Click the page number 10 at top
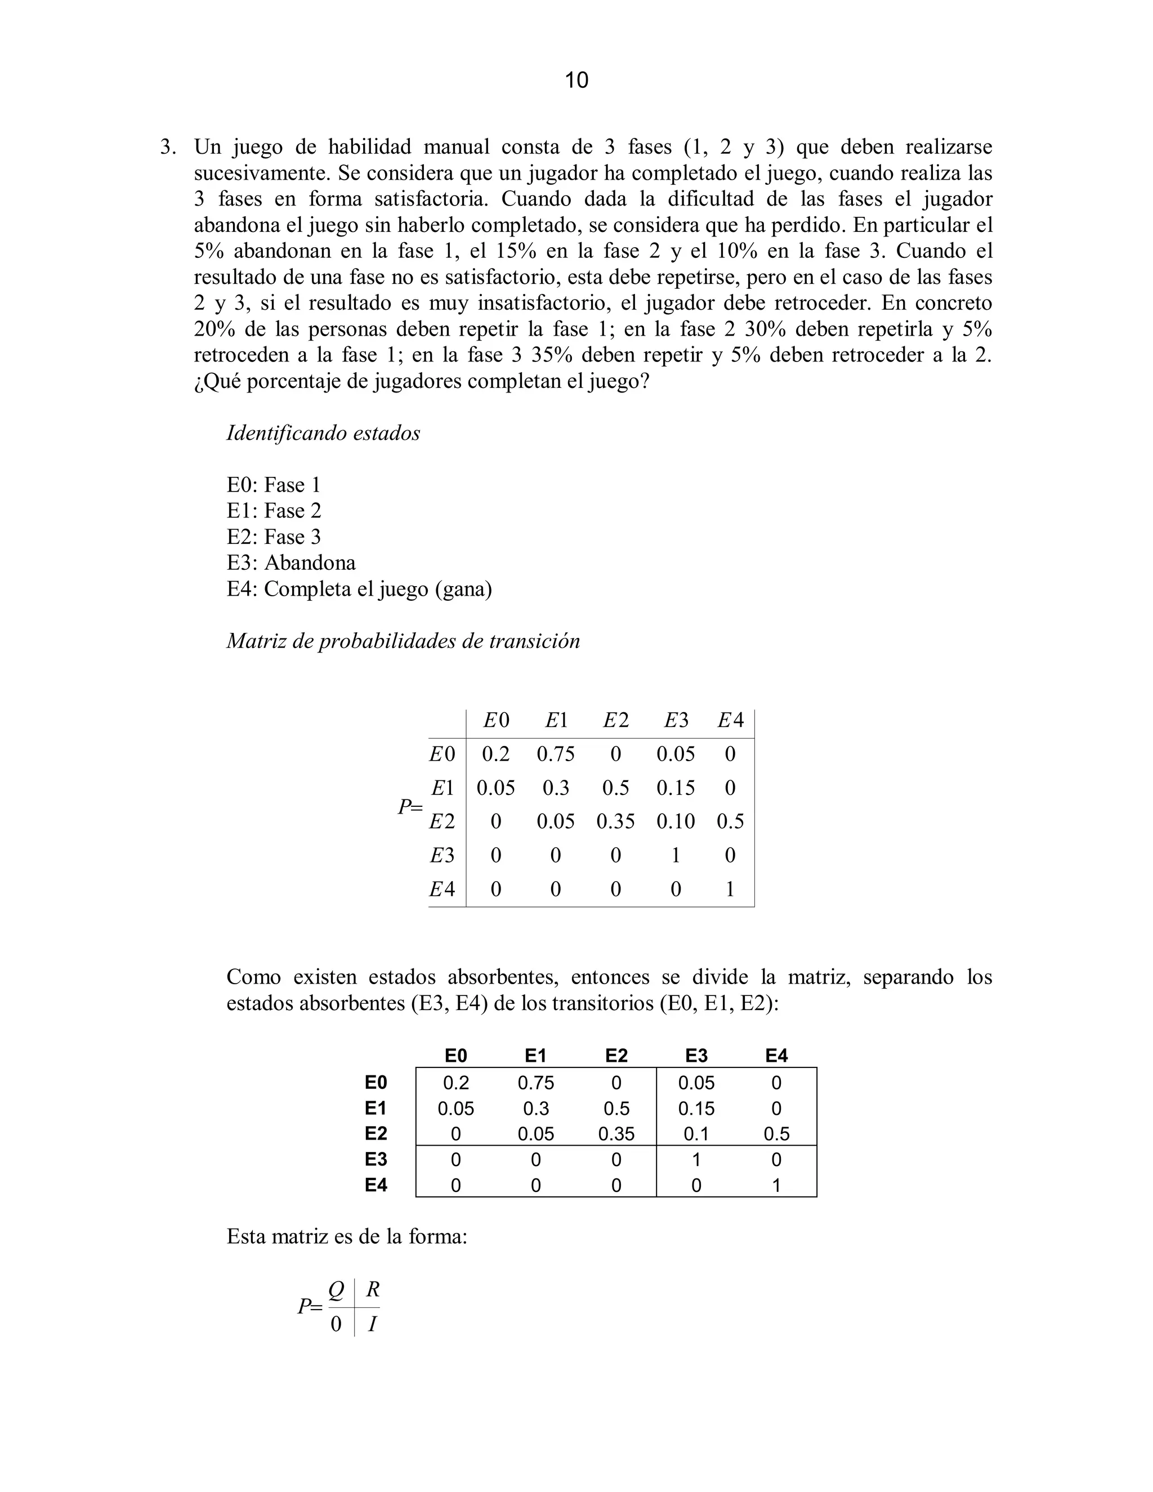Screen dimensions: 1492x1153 [x=576, y=81]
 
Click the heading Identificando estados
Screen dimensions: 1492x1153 [x=323, y=433]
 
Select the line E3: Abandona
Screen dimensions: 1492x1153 [x=291, y=563]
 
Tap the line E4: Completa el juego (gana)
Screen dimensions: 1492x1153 [x=359, y=589]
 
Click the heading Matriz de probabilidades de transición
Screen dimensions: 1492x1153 [x=403, y=641]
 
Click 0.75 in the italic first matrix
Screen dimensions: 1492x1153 [x=555, y=754]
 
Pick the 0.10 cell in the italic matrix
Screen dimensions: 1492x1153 [x=676, y=821]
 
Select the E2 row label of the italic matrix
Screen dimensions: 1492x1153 [x=442, y=821]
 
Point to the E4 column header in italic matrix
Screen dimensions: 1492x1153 [x=730, y=720]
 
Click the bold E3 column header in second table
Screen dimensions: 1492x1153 [x=696, y=1056]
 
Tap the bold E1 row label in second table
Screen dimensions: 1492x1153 [x=376, y=1108]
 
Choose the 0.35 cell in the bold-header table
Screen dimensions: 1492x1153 [x=616, y=1134]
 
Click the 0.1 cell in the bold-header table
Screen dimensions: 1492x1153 [x=696, y=1134]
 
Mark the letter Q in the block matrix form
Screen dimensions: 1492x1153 [x=336, y=1290]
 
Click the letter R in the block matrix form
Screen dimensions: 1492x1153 [x=372, y=1290]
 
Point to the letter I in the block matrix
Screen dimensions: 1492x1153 [x=372, y=1325]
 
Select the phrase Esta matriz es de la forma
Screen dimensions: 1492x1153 [x=346, y=1237]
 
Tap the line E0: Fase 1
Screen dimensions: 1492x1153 [x=273, y=485]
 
